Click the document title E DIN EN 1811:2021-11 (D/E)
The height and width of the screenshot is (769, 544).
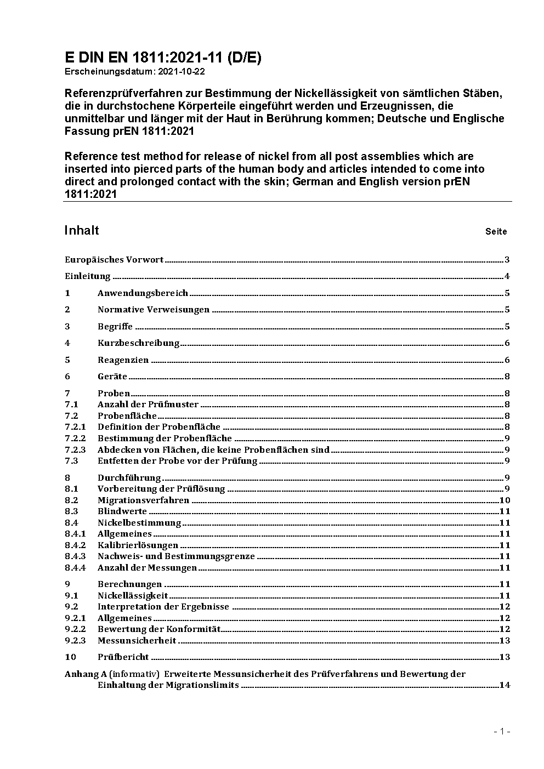tap(163, 58)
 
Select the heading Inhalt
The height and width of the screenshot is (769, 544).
tap(82, 230)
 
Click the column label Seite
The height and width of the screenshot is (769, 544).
tap(496, 231)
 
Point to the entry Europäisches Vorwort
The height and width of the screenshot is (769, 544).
tap(114, 260)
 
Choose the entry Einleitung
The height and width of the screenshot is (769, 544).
tap(88, 276)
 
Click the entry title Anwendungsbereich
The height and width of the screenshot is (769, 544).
tap(143, 293)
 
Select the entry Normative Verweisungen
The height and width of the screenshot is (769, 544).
tap(154, 310)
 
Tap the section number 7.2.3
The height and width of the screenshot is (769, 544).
tap(75, 449)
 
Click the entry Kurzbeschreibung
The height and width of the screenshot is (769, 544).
tap(138, 343)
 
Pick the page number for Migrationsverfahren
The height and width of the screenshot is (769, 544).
tap(505, 500)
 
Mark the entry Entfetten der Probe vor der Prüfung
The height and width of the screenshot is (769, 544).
tap(177, 460)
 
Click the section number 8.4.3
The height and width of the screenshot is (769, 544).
tap(75, 556)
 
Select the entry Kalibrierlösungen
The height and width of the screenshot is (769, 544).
tap(138, 545)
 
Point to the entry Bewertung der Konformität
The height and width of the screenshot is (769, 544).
tap(158, 629)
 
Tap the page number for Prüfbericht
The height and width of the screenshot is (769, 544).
tap(505, 657)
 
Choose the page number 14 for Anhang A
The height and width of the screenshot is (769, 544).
tap(505, 685)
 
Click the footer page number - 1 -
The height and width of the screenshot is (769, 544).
tap(502, 731)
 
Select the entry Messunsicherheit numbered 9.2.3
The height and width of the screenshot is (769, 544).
tap(137, 640)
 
